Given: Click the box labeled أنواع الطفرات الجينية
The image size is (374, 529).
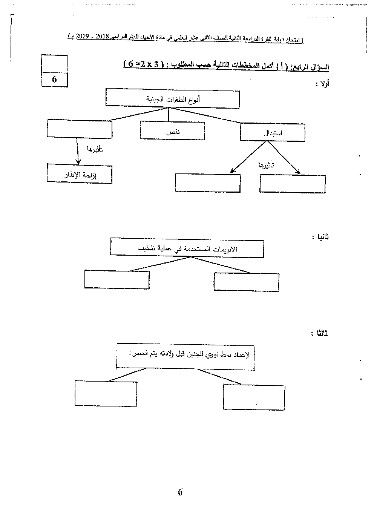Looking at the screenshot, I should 173,99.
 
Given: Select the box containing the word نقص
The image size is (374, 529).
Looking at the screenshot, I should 173,131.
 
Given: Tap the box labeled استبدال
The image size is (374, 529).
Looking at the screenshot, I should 272,133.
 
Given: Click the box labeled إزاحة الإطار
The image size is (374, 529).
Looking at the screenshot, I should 80,174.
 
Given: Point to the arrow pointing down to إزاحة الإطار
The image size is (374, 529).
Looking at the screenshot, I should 77,151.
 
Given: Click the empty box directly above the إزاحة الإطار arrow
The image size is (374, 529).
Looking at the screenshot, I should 80,129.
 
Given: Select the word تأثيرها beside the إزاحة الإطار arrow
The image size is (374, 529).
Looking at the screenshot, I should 95,149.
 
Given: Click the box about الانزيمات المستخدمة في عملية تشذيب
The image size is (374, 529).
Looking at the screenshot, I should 187,248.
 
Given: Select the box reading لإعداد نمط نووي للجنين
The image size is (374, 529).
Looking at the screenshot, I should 185,355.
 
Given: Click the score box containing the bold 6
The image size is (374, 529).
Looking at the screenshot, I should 54,80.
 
